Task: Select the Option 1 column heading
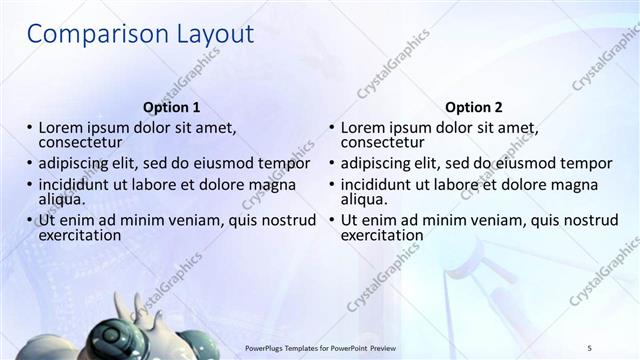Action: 172,107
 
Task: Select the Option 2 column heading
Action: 474,107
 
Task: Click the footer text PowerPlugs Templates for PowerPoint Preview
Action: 329,348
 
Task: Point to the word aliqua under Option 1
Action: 60,199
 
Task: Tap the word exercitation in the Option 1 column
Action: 80,235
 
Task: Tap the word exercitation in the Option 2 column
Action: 382,235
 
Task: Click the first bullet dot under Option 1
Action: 30,129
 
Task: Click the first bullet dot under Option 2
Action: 332,129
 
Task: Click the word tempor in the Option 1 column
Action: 288,163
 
